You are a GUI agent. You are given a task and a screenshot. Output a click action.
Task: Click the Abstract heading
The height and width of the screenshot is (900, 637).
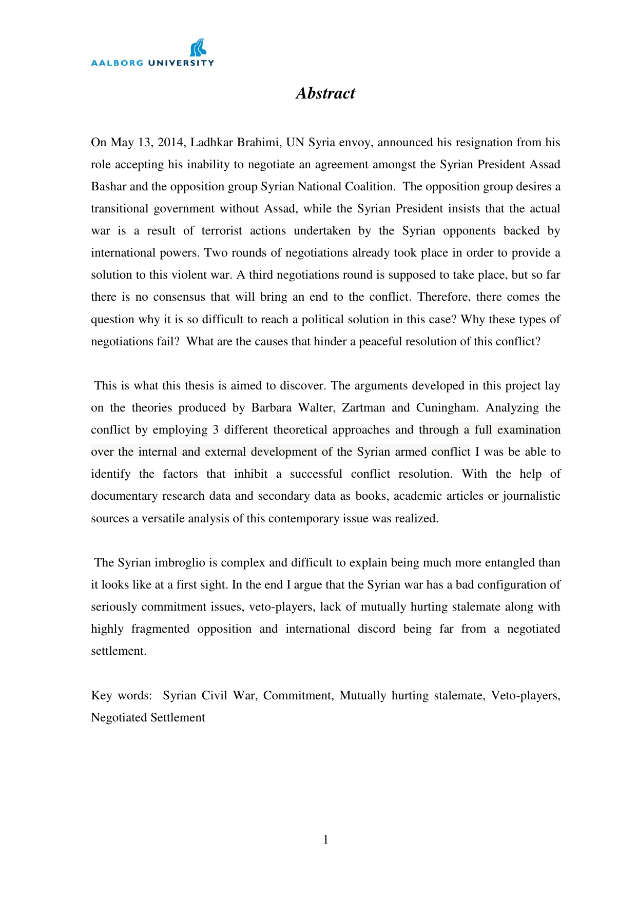tap(325, 93)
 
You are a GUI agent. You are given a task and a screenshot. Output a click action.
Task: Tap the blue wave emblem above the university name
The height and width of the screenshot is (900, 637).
tap(198, 48)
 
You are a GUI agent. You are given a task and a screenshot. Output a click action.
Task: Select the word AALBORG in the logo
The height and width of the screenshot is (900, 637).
tap(117, 63)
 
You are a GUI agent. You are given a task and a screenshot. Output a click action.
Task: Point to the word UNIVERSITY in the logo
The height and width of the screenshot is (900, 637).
tap(181, 63)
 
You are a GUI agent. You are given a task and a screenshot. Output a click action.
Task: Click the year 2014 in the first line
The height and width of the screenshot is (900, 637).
tap(170, 143)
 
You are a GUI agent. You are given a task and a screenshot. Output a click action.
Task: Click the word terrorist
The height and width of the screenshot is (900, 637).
tap(222, 231)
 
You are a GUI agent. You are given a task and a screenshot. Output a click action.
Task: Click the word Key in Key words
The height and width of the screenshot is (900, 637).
tap(102, 696)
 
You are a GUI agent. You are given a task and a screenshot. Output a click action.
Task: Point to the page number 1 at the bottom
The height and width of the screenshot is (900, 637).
tap(325, 840)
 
